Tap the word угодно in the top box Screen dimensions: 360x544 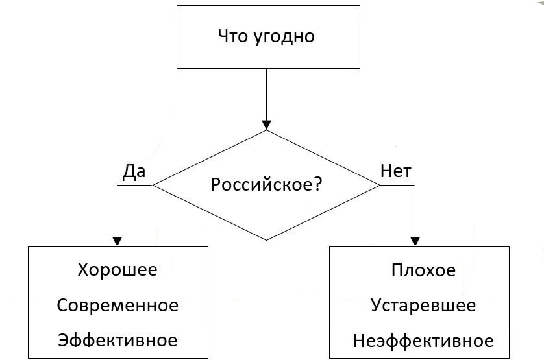280,36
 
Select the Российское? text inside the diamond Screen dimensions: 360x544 266,185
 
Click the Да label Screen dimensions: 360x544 134,171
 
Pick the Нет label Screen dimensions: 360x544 396,171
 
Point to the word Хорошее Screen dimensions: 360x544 117,269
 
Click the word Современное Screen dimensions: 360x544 117,305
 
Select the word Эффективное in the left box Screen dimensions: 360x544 117,340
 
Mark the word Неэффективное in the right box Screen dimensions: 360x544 423,341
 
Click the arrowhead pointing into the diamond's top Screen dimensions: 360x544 266,125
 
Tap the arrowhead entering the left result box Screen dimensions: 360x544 117,241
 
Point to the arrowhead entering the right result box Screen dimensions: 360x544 415,241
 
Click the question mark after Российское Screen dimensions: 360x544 317,185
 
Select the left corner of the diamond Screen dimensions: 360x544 154,186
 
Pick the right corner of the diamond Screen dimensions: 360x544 379,186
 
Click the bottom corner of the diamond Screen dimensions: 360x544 266,240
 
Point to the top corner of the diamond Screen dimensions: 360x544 266,131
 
